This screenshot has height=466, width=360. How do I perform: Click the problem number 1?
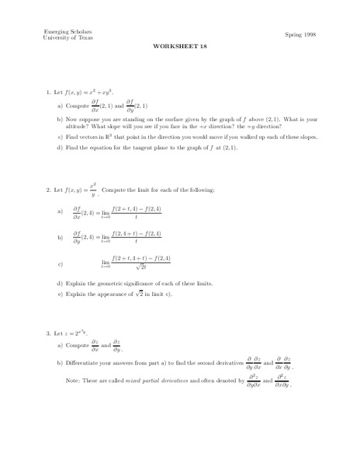pyautogui.click(x=49, y=92)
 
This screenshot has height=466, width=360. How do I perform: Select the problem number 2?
pyautogui.click(x=49, y=190)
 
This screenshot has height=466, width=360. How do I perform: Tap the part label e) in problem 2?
pyautogui.click(x=60, y=294)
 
